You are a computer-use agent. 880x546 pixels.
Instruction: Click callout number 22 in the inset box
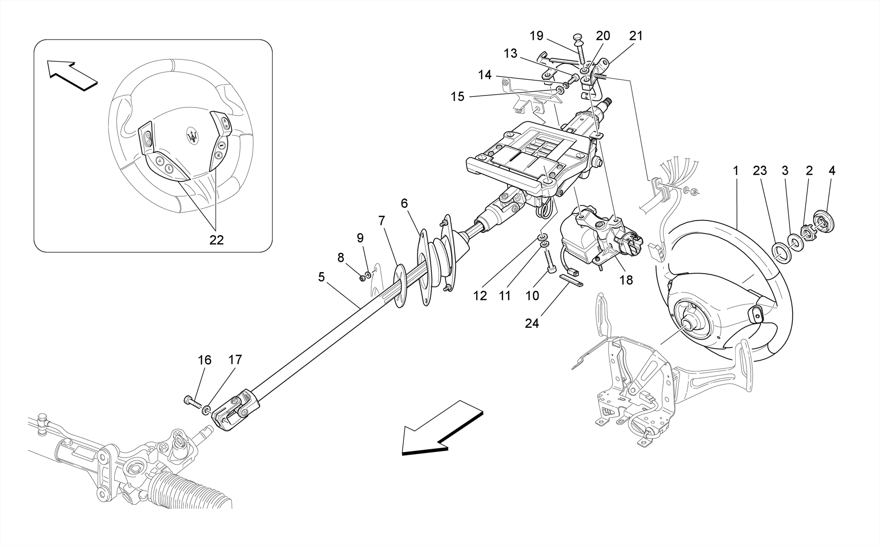tap(217, 240)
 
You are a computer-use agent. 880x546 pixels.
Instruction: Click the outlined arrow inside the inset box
tap(72, 75)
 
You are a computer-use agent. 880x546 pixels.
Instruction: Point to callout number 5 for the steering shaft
tap(321, 277)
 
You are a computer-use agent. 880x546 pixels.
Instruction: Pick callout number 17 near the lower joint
tap(235, 360)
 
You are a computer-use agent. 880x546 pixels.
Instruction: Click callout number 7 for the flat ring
tap(382, 221)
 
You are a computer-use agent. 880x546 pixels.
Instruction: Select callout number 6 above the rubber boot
tap(404, 203)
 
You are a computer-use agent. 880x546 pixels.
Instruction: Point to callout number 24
tap(532, 323)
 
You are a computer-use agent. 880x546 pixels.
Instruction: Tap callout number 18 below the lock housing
tap(626, 280)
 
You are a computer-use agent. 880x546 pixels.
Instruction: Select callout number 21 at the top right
tap(636, 36)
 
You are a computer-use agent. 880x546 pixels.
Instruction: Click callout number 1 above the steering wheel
tap(736, 171)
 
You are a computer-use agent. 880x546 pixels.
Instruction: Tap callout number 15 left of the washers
tap(458, 97)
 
